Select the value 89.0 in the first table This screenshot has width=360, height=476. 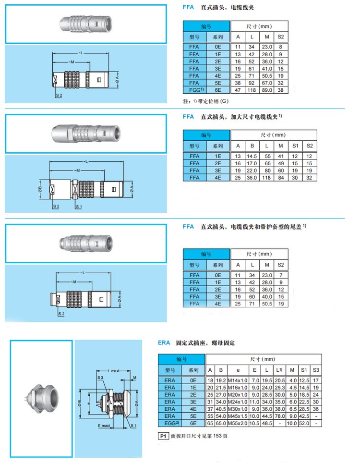267,89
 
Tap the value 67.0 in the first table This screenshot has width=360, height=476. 267,82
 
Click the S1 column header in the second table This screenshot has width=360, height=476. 295,146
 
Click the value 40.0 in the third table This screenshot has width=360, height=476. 267,297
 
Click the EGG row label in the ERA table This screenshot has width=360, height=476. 170,423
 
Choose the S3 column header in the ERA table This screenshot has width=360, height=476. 315,370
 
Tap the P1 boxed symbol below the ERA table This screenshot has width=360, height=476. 163,436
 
